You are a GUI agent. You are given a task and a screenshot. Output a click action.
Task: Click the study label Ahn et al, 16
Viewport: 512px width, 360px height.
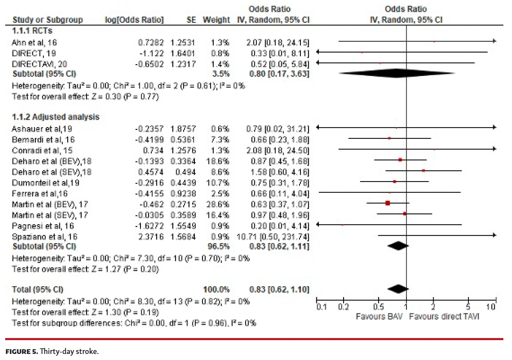[34, 42]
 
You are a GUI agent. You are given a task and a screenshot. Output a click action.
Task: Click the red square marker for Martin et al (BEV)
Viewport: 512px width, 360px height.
[387, 203]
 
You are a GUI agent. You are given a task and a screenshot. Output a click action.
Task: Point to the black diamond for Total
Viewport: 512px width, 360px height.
[398, 289]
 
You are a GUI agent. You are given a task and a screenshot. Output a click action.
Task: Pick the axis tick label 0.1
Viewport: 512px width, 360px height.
[322, 307]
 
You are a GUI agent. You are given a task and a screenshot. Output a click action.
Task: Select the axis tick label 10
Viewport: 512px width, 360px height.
[490, 307]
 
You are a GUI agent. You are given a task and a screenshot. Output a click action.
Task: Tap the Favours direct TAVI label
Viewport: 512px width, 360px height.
[443, 316]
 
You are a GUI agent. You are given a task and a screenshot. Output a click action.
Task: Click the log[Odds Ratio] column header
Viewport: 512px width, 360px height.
[134, 20]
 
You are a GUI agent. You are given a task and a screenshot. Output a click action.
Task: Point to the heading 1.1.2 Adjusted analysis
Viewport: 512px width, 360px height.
[56, 117]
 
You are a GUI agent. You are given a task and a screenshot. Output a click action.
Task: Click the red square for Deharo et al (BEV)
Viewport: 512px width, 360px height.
[400, 160]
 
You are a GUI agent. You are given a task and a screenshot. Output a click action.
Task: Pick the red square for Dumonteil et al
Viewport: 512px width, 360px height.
[394, 182]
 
